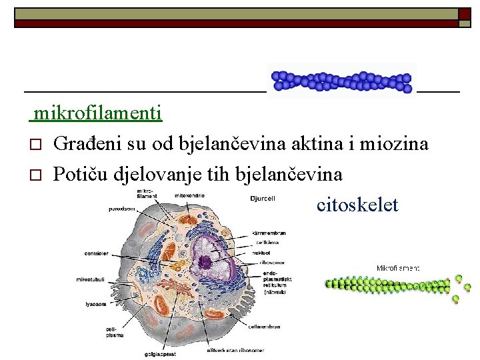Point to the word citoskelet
357,205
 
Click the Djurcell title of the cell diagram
262,199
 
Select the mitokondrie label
190,195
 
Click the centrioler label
97,253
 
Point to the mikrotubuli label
89,279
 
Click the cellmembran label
265,327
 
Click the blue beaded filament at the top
341,81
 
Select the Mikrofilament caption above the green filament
398,268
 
